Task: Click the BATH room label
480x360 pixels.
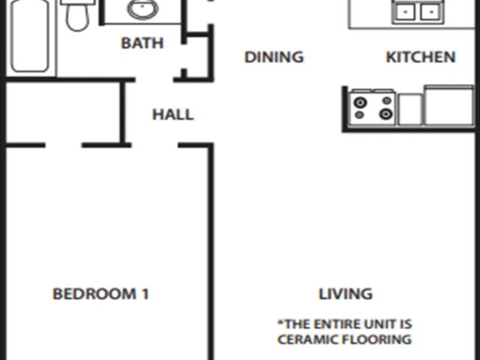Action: tap(142, 43)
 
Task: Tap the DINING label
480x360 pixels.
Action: tap(274, 57)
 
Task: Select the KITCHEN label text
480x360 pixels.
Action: tap(421, 57)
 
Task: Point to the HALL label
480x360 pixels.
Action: tap(173, 115)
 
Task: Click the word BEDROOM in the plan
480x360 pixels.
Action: tap(94, 294)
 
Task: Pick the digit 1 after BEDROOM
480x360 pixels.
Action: tap(145, 294)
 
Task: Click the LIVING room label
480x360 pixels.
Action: tap(346, 294)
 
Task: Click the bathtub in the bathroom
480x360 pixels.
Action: tap(30, 35)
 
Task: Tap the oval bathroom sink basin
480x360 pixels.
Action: tap(142, 8)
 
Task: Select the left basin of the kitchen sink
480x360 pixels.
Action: tap(405, 12)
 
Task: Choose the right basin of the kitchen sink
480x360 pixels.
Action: tap(430, 12)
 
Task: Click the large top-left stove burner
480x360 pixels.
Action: tap(360, 102)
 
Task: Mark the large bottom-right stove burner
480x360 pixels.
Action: tap(385, 114)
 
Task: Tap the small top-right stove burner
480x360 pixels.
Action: tap(387, 100)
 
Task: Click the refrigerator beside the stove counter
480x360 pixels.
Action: tap(448, 106)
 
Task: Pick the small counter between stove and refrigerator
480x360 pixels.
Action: tap(410, 109)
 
